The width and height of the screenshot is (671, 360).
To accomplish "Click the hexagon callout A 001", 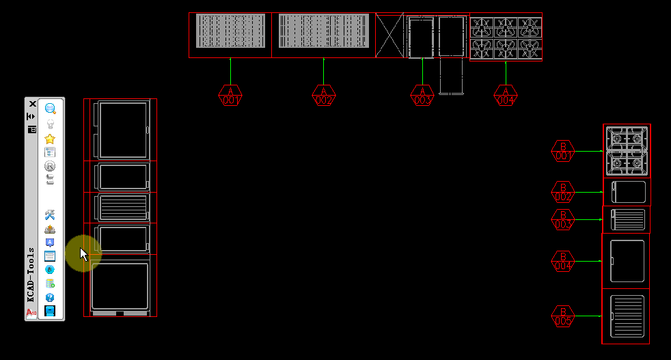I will (230, 96).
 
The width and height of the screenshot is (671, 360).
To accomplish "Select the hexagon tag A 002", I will (324, 96).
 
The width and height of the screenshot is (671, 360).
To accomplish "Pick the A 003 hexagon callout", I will (423, 96).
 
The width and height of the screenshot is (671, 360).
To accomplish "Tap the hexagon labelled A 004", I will (506, 96).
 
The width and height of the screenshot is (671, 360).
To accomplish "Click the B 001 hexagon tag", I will (563, 151).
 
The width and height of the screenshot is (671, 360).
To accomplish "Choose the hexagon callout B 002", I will (563, 192).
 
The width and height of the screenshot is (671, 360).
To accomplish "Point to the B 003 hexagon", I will (563, 219).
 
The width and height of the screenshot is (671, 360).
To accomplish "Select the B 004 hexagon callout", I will (563, 261).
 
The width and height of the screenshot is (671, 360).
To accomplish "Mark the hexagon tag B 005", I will (563, 316).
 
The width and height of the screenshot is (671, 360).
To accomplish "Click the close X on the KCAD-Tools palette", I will (32, 104).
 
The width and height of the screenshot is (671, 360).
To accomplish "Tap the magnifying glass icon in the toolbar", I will (50, 109).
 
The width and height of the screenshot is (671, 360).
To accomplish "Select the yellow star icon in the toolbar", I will (50, 139).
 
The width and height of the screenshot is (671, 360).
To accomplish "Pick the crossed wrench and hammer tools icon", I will (50, 215).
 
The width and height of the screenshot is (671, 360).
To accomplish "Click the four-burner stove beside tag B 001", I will (627, 151).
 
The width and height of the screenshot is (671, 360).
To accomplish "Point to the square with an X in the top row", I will (389, 36).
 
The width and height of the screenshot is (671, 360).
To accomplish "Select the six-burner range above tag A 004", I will (506, 37).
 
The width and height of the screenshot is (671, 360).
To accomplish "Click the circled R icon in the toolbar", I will (50, 166).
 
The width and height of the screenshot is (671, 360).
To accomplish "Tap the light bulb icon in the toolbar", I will (50, 124).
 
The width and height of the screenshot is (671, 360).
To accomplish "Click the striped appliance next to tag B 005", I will (627, 316).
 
